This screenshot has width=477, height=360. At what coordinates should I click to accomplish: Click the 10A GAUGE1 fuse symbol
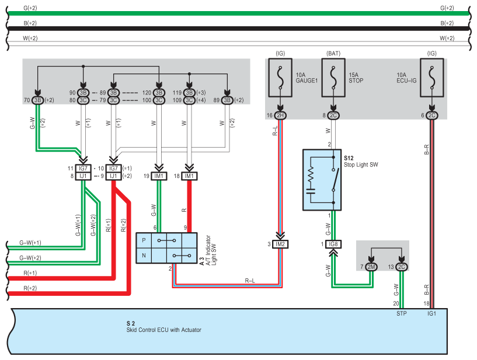tap(280, 78)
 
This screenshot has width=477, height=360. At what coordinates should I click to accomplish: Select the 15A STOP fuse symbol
tap(333, 78)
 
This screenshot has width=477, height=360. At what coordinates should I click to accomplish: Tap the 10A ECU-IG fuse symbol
tap(431, 78)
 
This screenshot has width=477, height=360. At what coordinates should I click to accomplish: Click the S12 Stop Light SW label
tap(361, 162)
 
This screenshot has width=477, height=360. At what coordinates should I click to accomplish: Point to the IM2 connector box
tap(280, 244)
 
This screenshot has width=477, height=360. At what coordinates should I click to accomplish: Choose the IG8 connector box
tap(333, 244)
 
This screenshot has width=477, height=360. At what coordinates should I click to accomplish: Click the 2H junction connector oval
tap(280, 116)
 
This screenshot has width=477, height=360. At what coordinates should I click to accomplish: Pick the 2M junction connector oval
tap(371, 267)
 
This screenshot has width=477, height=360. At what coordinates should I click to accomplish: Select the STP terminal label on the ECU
tap(401, 313)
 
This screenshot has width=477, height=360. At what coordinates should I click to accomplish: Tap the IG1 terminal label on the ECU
tap(431, 313)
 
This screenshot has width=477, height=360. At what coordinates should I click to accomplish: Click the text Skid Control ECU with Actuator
tap(163, 330)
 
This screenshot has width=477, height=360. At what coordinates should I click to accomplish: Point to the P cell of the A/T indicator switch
tap(144, 240)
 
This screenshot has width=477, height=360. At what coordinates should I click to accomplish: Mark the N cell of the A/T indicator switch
tap(144, 256)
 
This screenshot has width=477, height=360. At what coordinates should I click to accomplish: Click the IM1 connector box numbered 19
tap(159, 176)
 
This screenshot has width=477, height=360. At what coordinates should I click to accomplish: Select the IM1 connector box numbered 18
tap(189, 176)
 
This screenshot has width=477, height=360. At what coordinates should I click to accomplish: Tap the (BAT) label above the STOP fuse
tap(333, 54)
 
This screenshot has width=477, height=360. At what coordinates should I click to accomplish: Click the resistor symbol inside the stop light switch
tap(311, 175)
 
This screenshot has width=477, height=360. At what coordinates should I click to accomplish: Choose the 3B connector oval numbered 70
tap(38, 100)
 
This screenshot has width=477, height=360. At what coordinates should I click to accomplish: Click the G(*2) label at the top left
tap(30, 8)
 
